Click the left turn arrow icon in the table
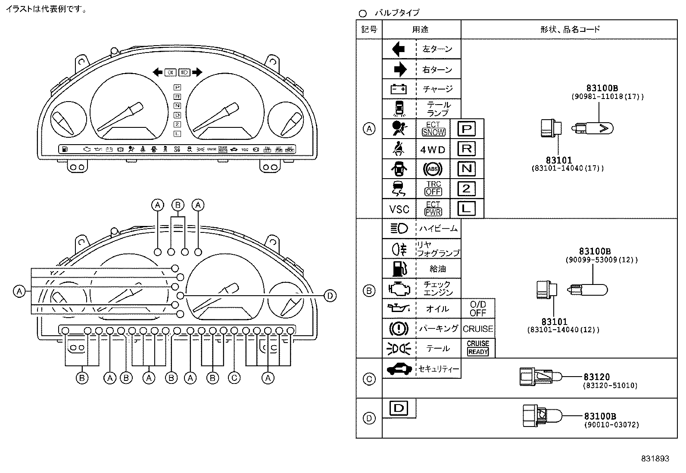[399, 49]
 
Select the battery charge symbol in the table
[399, 89]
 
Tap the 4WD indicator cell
[433, 150]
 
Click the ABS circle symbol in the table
[433, 169]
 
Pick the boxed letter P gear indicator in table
[467, 129]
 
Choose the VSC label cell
[399, 209]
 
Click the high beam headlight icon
[399, 229]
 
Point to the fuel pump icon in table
[399, 269]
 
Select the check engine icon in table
[399, 288]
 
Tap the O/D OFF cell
[478, 309]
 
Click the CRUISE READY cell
[478, 348]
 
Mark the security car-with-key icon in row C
[399, 369]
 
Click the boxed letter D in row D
[399, 408]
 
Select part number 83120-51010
[610, 386]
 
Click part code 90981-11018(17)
[608, 97]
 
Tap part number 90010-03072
[611, 425]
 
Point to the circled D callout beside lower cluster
[330, 296]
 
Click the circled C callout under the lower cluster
[234, 378]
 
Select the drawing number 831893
[655, 459]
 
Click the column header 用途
[421, 29]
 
